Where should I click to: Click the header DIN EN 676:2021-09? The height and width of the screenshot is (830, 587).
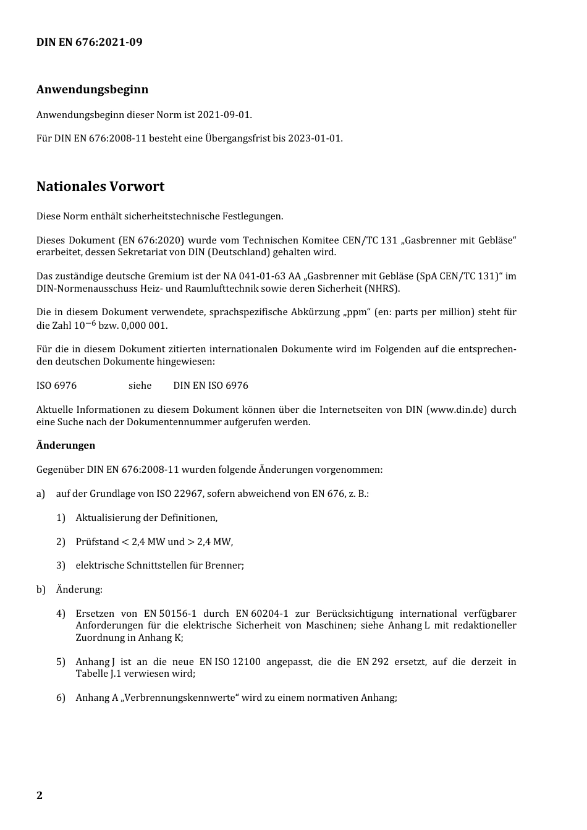click(89, 42)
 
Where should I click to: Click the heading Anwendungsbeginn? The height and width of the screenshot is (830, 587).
click(92, 89)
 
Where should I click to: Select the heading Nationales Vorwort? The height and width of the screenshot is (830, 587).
click(100, 186)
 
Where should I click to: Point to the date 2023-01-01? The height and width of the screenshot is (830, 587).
click(315, 138)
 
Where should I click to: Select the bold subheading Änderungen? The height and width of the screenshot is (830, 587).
click(65, 445)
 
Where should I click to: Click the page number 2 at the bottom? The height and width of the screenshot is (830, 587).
click(40, 795)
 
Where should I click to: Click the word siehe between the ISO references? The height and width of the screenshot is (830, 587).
click(140, 385)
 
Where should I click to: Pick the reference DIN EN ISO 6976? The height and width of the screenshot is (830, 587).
click(211, 385)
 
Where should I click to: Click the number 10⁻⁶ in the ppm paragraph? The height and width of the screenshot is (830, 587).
click(85, 324)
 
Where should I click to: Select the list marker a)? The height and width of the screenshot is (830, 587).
click(41, 493)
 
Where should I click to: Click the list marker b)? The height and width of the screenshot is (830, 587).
click(41, 589)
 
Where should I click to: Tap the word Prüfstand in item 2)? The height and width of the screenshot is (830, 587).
click(97, 541)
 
